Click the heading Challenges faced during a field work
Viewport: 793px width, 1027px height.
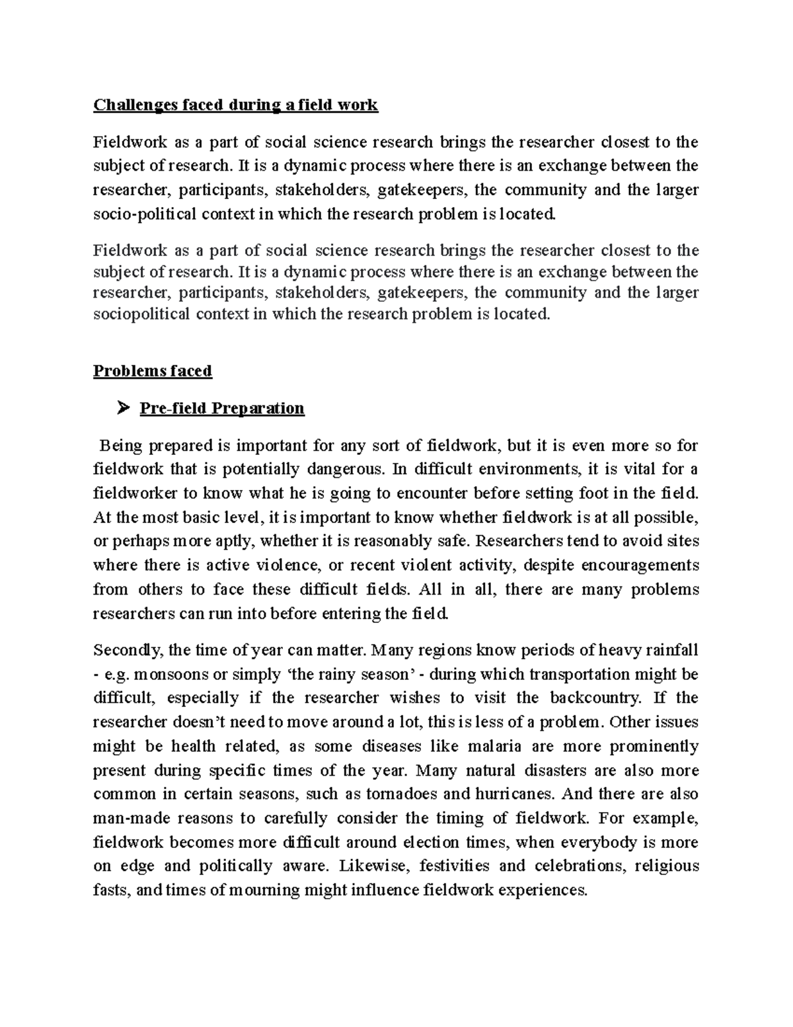click(x=235, y=105)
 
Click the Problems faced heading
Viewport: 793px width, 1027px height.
click(x=152, y=371)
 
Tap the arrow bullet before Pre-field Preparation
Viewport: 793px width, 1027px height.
click(x=122, y=409)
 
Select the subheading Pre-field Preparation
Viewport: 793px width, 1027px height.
click(x=222, y=409)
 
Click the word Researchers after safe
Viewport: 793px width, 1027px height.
click(x=521, y=542)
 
